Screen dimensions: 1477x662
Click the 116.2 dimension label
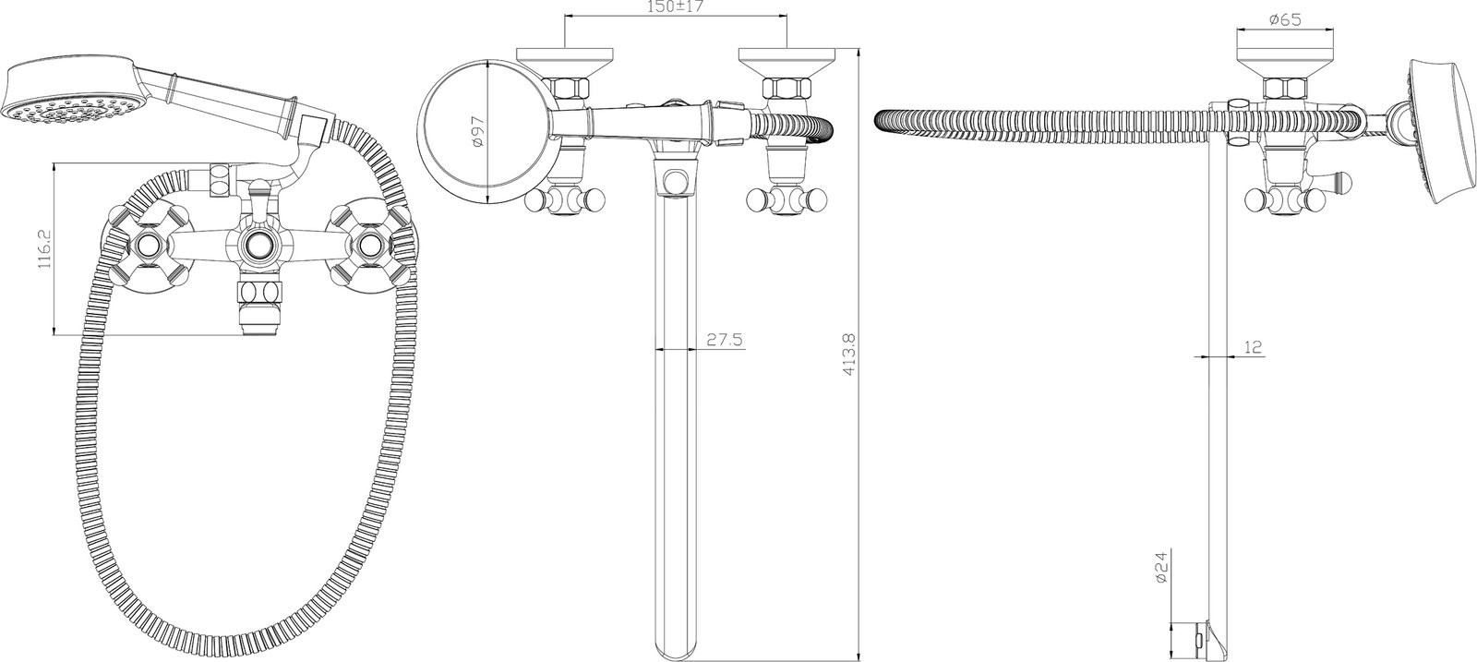[x=43, y=248]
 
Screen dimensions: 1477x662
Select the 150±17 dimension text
[x=675, y=6]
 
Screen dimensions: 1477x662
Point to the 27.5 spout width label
[x=725, y=340]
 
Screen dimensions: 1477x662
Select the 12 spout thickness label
[x=1255, y=347]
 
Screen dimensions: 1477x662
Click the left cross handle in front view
[x=149, y=247]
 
